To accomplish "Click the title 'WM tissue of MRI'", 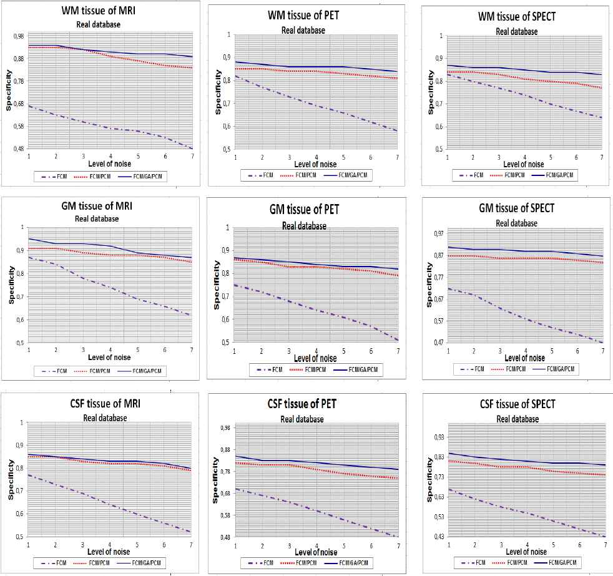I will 102,12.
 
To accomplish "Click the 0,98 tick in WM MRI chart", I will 19,36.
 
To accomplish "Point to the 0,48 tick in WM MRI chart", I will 19,149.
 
